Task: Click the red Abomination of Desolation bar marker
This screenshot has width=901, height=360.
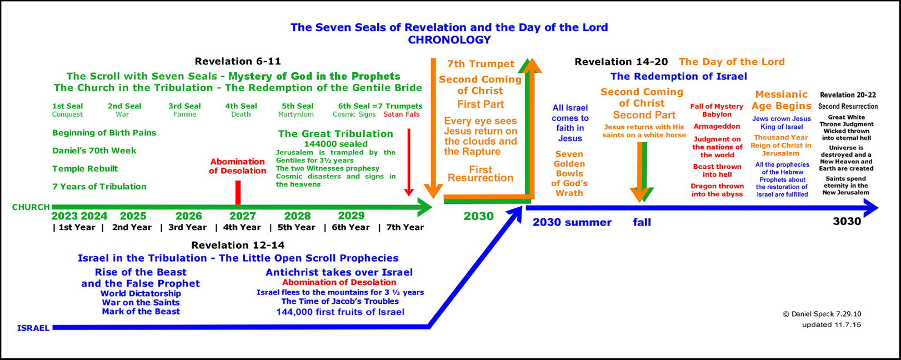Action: coord(238,193)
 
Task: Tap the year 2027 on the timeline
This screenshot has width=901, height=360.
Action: coord(243,216)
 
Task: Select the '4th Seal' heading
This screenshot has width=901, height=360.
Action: coord(241,106)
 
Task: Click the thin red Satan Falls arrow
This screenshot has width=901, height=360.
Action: coord(409,163)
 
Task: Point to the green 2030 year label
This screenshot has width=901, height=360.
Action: coord(478,217)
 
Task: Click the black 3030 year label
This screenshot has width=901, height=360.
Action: coord(847,221)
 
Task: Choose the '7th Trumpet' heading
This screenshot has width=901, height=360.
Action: coord(480,64)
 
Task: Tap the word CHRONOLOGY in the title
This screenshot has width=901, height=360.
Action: coord(449,40)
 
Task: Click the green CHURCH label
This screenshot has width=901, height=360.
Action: coord(31,207)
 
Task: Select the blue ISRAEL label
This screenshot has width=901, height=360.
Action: coord(33,328)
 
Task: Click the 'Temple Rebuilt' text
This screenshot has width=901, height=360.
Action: coord(85,168)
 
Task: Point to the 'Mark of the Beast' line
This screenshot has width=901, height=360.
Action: coord(141,311)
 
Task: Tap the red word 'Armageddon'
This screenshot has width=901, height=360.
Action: coord(717,126)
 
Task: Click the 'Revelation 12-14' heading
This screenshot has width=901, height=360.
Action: coord(238,245)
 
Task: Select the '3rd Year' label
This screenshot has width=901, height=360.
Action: coord(187,227)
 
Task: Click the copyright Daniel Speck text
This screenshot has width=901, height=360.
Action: coord(822,314)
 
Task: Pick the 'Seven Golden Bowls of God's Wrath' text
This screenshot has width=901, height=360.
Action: coord(569,173)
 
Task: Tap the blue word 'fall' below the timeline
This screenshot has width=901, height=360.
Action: coord(642,222)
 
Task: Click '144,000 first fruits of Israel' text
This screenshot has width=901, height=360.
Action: coord(340,312)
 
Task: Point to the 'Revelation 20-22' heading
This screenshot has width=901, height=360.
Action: coord(848,95)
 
